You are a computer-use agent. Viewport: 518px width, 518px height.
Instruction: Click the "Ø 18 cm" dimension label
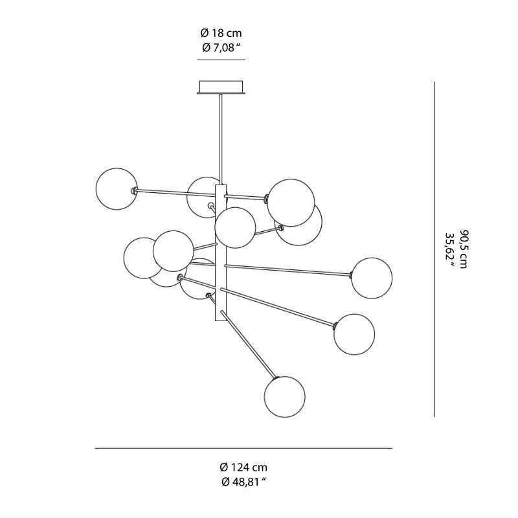[x=221, y=33]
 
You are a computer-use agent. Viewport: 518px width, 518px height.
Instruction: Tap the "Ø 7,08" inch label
[x=221, y=47]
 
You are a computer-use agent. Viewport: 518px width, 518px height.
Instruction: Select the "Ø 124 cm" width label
[x=243, y=467]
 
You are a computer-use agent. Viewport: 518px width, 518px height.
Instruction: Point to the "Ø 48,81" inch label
[x=243, y=482]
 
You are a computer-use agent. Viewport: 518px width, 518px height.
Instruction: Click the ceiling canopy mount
[x=221, y=87]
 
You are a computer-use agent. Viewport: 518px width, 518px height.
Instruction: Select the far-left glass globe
[x=117, y=188]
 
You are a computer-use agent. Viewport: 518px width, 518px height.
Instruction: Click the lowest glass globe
[x=284, y=396]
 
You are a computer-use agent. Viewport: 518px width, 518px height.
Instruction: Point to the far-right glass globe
[x=372, y=278]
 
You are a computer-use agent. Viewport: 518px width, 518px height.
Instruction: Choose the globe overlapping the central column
[x=235, y=227]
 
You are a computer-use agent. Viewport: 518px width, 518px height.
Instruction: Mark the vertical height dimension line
[x=434, y=249]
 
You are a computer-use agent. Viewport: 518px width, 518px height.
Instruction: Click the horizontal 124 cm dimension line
[x=243, y=448]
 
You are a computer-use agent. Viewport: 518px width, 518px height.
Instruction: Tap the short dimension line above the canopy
[x=221, y=60]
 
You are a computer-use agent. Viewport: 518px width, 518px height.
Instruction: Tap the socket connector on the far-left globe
[x=134, y=190]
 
